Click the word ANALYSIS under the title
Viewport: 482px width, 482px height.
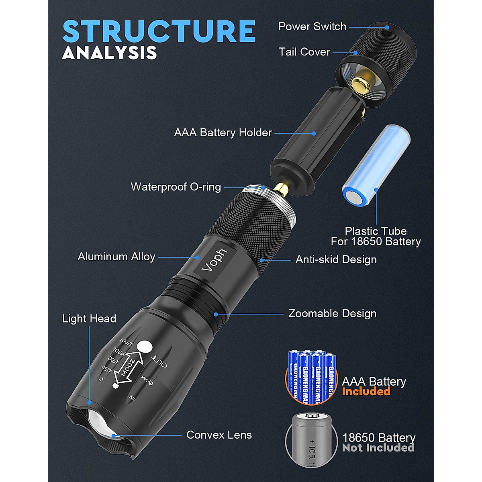click(109, 53)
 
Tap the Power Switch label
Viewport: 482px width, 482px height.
click(312, 27)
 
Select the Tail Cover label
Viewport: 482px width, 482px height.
click(304, 52)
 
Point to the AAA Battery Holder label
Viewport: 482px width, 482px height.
click(223, 133)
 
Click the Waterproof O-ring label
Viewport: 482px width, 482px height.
click(176, 187)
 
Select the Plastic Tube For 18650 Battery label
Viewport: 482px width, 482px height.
click(376, 236)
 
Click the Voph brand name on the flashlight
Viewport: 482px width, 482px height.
click(214, 260)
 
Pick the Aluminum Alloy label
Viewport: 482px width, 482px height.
click(116, 257)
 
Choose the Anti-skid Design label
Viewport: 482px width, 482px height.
click(336, 259)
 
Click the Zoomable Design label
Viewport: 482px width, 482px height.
click(332, 313)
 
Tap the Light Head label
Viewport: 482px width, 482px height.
click(89, 319)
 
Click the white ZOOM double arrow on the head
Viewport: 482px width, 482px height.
click(129, 367)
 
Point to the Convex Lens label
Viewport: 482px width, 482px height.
click(219, 435)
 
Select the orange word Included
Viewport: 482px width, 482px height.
click(366, 391)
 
